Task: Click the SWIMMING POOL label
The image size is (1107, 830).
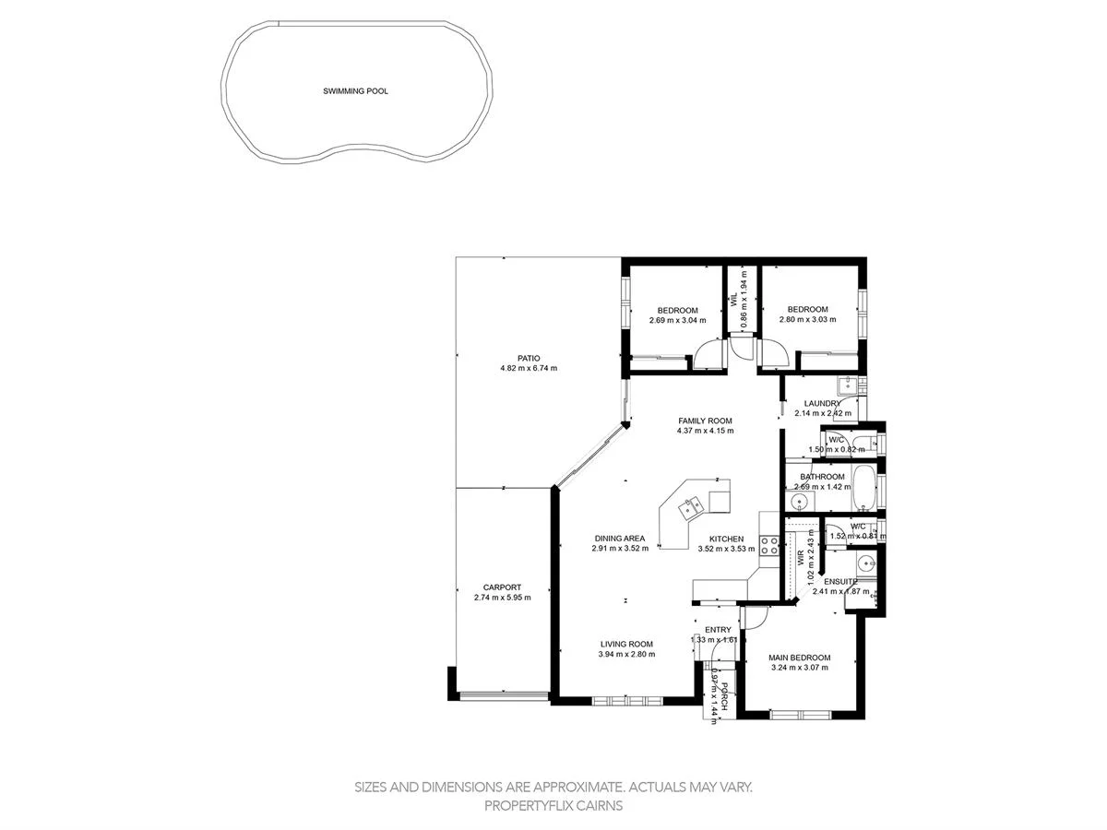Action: click(355, 91)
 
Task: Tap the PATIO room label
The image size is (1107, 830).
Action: click(528, 358)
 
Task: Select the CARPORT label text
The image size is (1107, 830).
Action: click(502, 587)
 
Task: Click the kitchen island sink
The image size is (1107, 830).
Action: click(690, 505)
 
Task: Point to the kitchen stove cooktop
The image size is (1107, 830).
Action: click(768, 544)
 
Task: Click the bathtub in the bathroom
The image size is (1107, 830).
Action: click(865, 489)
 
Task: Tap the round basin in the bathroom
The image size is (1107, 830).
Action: click(799, 502)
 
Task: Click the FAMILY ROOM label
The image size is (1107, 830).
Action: click(705, 421)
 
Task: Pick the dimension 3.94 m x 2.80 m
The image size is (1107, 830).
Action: click(626, 655)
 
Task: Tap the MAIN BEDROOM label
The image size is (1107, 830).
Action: click(800, 658)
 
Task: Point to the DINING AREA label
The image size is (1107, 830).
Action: click(619, 539)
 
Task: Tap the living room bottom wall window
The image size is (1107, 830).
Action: click(627, 702)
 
